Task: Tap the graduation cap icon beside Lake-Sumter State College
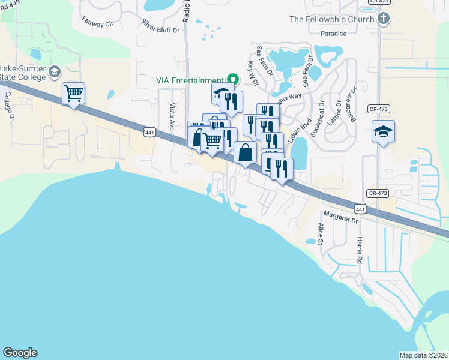pyautogui.click(x=54, y=73)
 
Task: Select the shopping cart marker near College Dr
pyautogui.click(x=73, y=94)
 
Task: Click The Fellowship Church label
pyautogui.click(x=332, y=19)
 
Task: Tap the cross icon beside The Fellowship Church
pyautogui.click(x=384, y=19)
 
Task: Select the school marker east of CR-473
pyautogui.click(x=382, y=131)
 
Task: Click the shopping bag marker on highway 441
pyautogui.click(x=246, y=153)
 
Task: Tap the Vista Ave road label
pyautogui.click(x=172, y=116)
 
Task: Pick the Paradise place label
pyautogui.click(x=334, y=34)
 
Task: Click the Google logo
pyautogui.click(x=20, y=353)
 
